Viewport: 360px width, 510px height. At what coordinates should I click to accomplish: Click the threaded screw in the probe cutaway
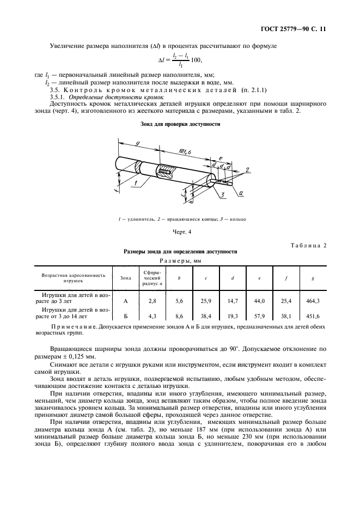click(x=166, y=172)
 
